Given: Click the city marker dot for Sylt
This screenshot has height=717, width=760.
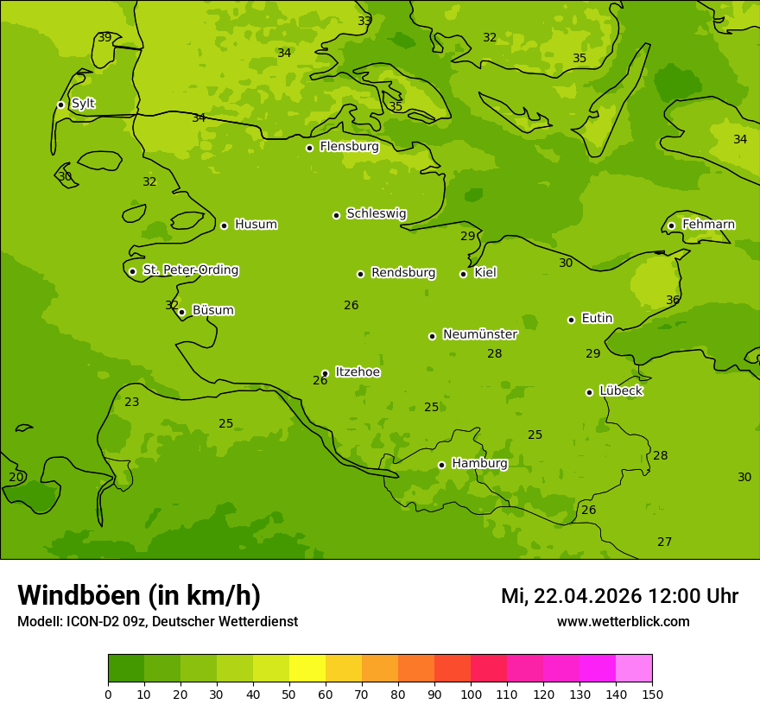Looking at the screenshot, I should click(x=60, y=105).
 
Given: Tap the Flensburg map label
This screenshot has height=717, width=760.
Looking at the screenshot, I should click(x=349, y=147).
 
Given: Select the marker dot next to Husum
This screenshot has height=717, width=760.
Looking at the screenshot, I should click(x=224, y=225).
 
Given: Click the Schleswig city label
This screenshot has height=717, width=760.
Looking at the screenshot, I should click(x=376, y=213).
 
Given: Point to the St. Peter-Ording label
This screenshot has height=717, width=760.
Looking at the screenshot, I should click(x=190, y=270).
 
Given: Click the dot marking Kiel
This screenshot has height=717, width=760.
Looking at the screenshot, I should click(x=463, y=274).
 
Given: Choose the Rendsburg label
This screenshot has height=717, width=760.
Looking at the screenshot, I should click(x=402, y=273).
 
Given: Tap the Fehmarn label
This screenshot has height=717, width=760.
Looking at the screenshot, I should click(x=708, y=225).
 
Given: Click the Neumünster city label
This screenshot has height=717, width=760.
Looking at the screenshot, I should click(x=479, y=334).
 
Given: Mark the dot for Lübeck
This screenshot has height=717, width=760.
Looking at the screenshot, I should click(x=589, y=392).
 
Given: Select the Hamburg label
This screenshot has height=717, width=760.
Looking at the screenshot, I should click(x=479, y=464).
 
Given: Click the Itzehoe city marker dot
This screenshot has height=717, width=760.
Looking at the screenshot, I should click(x=325, y=373).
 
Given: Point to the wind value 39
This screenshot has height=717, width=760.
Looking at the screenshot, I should click(x=104, y=37).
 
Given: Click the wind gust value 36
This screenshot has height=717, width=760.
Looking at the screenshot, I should click(x=673, y=300).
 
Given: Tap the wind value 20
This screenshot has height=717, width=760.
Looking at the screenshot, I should click(x=16, y=477).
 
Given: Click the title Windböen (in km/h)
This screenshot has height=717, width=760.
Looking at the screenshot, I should click(x=139, y=595).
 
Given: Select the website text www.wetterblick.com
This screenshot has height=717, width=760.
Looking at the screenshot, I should click(x=623, y=621).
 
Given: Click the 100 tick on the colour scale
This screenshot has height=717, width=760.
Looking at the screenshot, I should click(x=471, y=694).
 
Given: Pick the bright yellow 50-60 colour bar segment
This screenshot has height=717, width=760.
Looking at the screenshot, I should click(x=307, y=668).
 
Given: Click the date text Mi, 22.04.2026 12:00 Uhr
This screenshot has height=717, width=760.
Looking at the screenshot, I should click(x=619, y=596).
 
